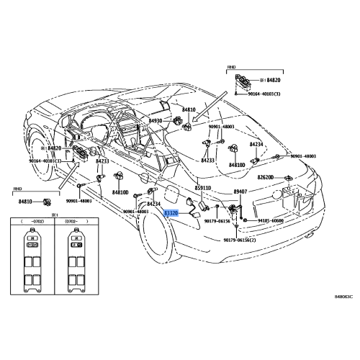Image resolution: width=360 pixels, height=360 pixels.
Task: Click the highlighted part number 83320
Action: (172, 213)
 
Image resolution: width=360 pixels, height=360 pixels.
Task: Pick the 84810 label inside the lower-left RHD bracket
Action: (27, 202)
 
